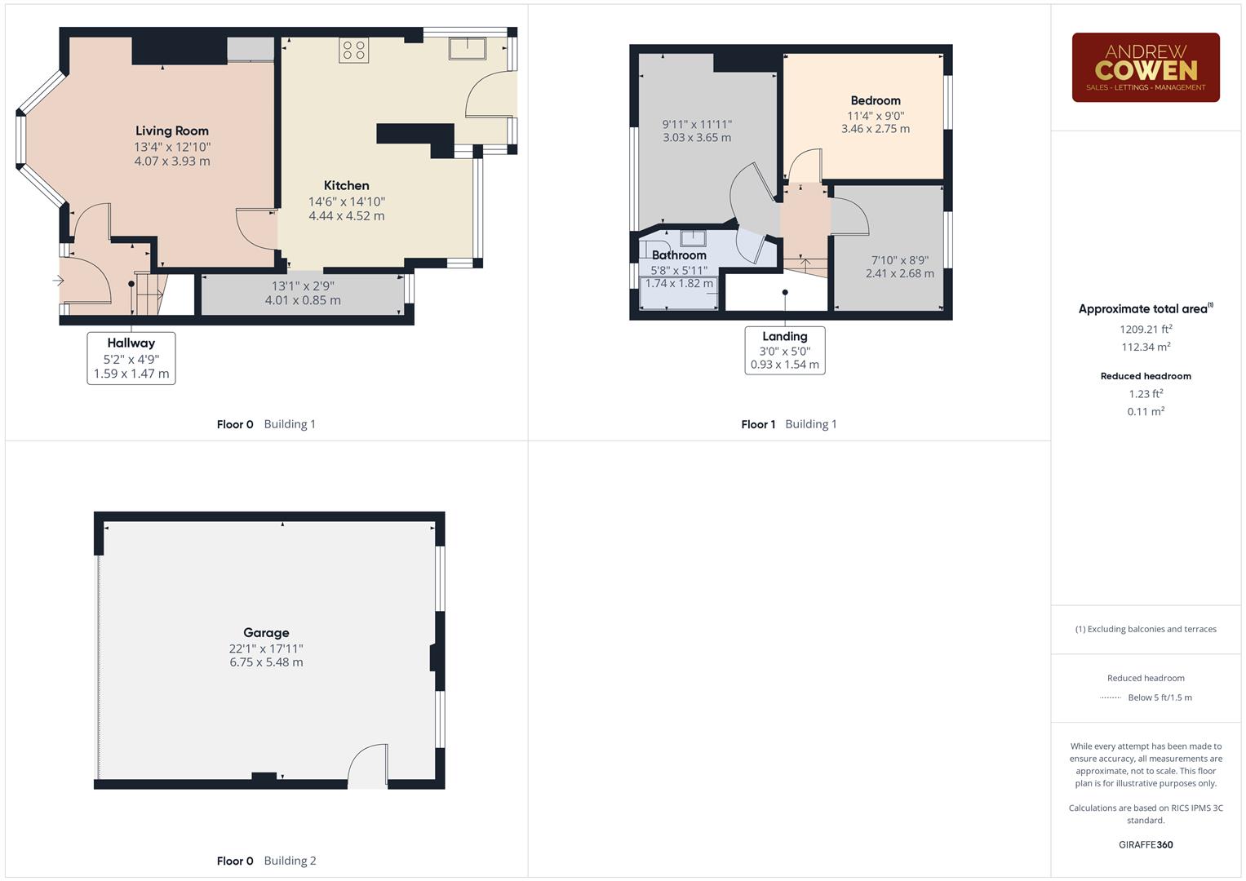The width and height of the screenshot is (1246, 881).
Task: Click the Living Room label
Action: point(171,131)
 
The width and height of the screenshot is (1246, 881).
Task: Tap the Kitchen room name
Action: point(346,185)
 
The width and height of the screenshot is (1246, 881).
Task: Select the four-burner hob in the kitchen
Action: point(354,50)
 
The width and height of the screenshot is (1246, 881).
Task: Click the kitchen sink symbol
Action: point(467,48)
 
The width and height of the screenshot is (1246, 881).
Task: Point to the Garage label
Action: point(266,632)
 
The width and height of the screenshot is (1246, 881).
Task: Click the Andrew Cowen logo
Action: point(1146,68)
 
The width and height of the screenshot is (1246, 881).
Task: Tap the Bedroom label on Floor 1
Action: point(876,100)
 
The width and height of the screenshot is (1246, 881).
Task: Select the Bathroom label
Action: point(679,255)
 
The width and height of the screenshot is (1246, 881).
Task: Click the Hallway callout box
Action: point(131,358)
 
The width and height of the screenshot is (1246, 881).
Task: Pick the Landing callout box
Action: point(785,351)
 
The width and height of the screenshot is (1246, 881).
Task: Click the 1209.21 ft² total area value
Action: point(1146,330)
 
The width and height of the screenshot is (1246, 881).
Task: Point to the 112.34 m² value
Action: point(1146,347)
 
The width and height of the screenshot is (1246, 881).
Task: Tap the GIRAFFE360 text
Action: point(1146,844)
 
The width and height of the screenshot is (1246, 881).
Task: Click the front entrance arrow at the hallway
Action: point(58,281)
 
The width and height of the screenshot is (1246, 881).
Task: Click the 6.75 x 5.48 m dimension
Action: point(266,662)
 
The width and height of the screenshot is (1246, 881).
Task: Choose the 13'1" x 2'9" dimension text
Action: point(303,286)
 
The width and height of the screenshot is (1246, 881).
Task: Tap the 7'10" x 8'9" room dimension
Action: point(899,260)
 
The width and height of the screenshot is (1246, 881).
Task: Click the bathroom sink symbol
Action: point(693,238)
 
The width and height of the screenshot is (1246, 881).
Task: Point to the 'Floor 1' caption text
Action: point(758,424)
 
